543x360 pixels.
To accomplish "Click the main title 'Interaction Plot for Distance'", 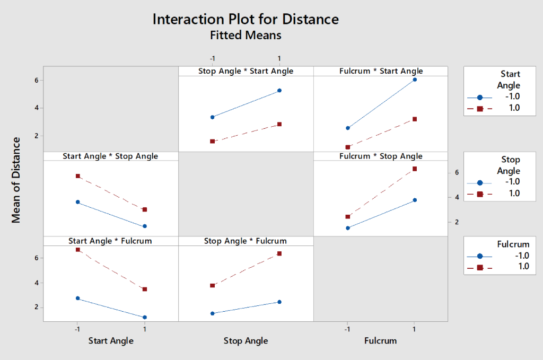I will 245,19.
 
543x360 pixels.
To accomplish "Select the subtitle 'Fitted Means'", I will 245,36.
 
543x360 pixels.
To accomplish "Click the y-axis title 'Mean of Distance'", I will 16,180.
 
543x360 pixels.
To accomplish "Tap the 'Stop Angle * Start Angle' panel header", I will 246,71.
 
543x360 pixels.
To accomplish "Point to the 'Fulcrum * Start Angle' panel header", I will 381,71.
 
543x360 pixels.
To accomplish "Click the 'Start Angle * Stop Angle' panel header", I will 110,156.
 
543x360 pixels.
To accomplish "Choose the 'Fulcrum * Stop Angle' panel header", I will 381,156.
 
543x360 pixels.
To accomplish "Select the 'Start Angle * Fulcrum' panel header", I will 110,241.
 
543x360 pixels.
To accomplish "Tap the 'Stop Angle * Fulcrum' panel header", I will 246,241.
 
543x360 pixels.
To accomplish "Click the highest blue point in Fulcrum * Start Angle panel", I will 415,80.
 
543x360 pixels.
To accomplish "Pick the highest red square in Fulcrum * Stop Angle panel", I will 415,169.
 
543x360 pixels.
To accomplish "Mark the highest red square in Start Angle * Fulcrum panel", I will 78,249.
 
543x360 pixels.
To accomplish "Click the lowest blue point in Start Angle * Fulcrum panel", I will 145,317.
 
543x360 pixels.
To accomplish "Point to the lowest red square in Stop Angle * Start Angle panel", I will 212,142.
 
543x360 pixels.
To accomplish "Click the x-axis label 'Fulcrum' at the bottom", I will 380,341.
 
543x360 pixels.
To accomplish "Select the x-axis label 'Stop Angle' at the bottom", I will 246,341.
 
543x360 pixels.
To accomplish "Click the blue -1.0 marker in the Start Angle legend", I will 479,98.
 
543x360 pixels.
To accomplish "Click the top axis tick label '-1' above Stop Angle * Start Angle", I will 212,58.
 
